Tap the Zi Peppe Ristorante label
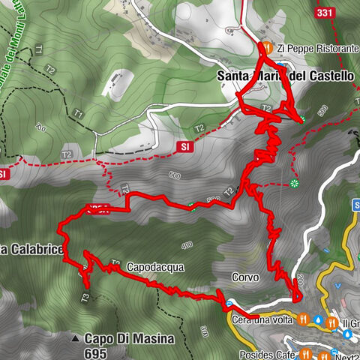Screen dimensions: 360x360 point(317,48)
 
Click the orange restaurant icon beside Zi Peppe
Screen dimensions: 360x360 point(266,48)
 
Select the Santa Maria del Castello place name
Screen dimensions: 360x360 point(284,76)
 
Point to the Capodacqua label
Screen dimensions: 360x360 point(155,267)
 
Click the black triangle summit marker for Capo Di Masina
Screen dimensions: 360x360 point(75,339)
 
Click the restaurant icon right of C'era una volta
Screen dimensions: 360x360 point(302,319)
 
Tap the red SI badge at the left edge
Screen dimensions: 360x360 point(4,174)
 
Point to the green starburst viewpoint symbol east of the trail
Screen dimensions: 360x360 point(294,183)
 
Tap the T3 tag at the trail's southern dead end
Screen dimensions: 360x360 point(85,298)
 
